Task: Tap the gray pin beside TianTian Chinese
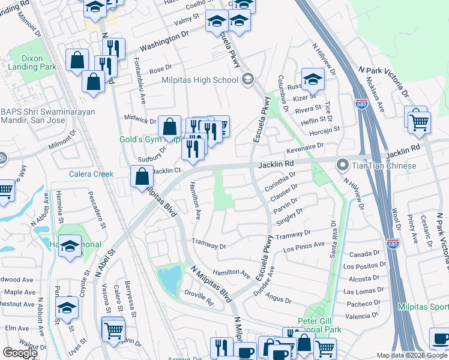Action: pos(343,164)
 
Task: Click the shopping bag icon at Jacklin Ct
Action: pos(142,177)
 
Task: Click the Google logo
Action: pos(20,353)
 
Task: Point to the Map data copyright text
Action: pos(411,355)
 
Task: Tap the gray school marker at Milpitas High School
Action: pos(247,79)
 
